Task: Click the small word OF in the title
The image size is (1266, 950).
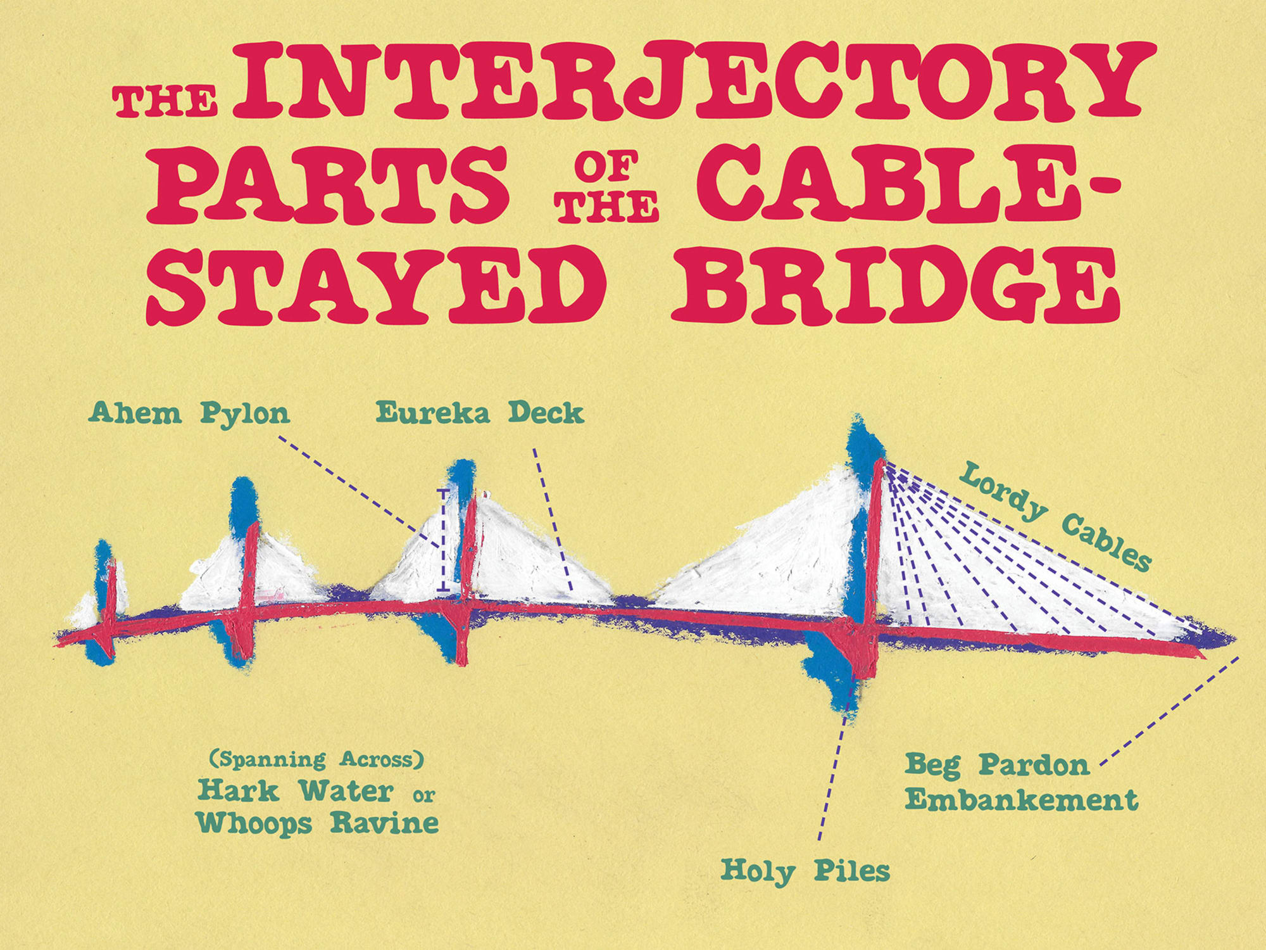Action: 606,166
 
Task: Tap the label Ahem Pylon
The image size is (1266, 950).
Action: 189,414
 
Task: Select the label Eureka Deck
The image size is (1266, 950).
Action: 479,413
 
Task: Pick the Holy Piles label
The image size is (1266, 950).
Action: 805,871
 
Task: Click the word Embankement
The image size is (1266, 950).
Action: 1021,800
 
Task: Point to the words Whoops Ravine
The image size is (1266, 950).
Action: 317,823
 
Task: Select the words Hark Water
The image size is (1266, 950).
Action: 295,790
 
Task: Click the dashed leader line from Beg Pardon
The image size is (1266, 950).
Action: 1171,709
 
